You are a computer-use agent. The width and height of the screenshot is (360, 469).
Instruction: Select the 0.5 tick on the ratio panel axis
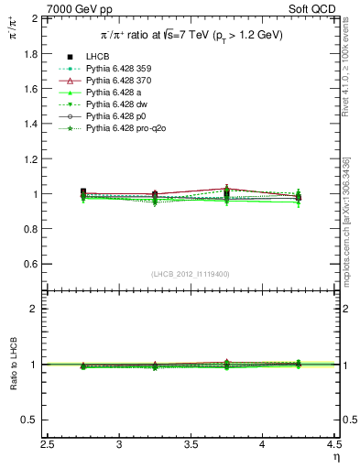(55, 420)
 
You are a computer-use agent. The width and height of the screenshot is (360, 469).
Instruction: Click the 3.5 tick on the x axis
(191, 445)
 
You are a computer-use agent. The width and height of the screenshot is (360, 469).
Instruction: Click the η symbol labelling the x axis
(335, 457)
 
